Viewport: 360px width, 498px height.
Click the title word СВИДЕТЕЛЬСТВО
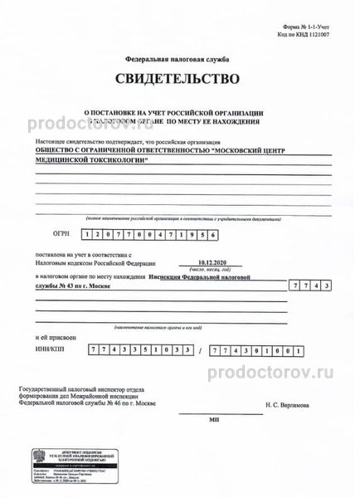180,81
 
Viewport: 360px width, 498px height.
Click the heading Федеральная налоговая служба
180,61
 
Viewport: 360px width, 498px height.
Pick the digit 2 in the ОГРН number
107,234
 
